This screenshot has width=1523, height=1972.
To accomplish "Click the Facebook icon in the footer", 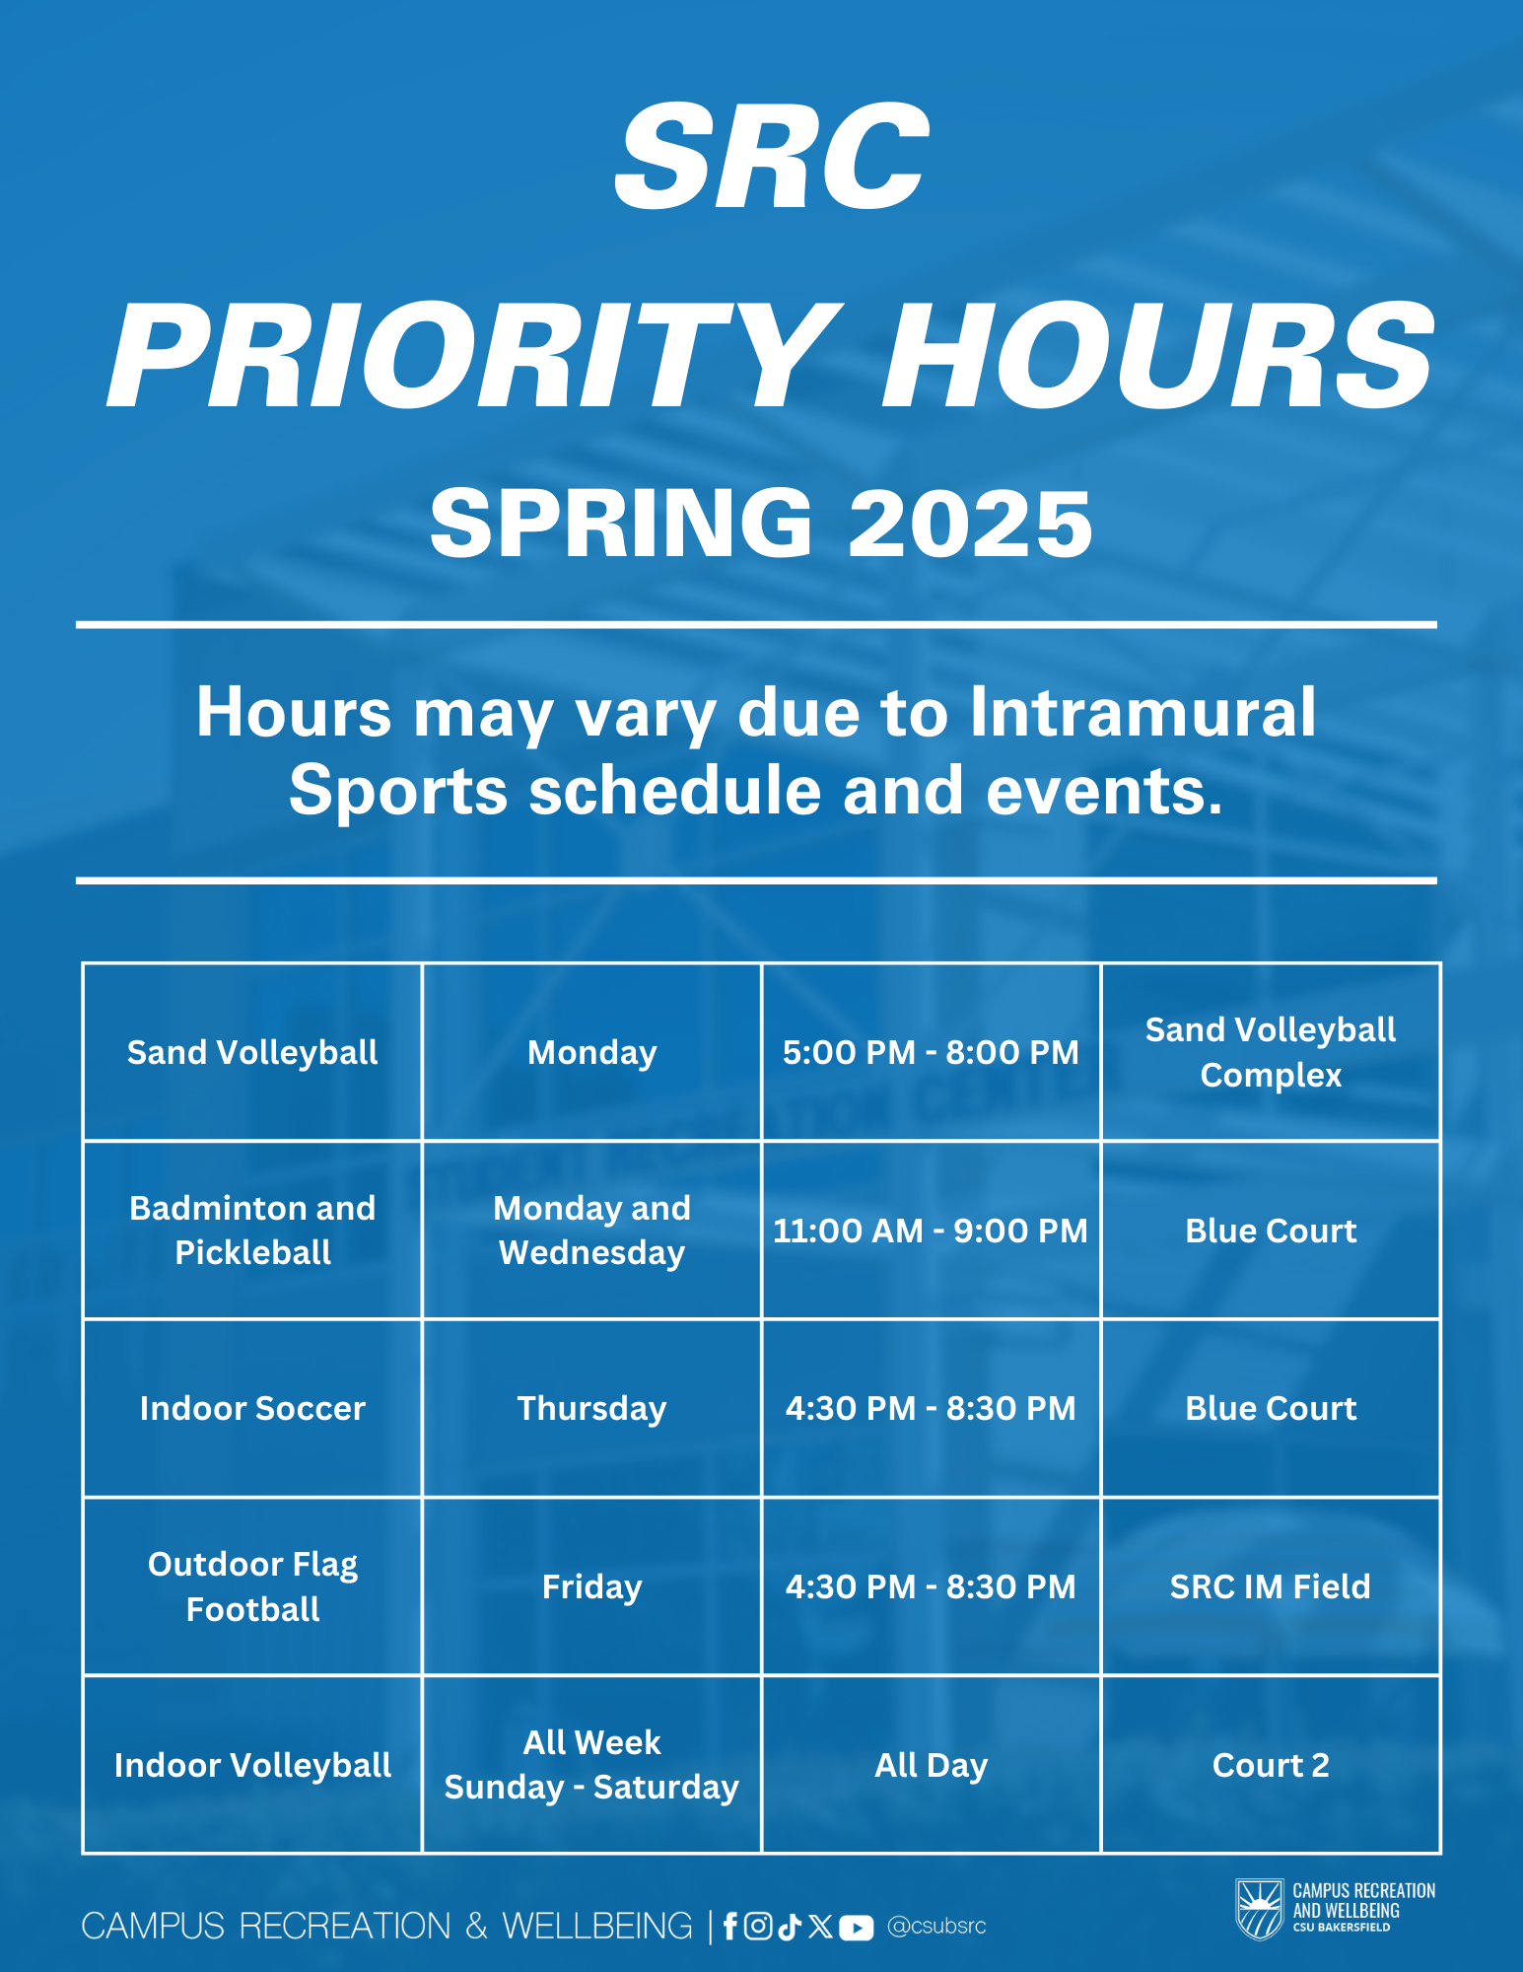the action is tap(730, 1926).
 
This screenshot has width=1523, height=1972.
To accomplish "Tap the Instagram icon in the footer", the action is tap(758, 1926).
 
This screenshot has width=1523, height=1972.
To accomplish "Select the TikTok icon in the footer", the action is tap(789, 1926).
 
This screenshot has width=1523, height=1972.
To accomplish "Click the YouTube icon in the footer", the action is tap(856, 1927).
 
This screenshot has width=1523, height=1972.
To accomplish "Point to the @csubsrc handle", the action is tap(936, 1926).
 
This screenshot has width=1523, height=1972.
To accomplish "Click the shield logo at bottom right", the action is tap(1260, 1909).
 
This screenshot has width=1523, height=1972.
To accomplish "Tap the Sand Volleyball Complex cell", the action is tap(1271, 1052).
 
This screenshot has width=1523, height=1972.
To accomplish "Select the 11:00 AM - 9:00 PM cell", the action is tap(931, 1231).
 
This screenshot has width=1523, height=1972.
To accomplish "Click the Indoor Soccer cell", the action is tap(252, 1408).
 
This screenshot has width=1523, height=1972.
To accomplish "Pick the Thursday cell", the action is tap(591, 1408).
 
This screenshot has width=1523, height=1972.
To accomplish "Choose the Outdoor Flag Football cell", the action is tap(252, 1586).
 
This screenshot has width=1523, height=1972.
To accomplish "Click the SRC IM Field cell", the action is tap(1271, 1586).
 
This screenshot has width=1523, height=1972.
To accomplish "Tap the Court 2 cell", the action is tap(1271, 1765).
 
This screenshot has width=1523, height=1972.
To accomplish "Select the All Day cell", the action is tap(931, 1765).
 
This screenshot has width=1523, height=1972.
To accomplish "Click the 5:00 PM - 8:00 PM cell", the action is tap(931, 1052).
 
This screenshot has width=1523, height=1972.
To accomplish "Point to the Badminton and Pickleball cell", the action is tap(252, 1231).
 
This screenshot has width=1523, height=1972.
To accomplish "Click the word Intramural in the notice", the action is tap(1143, 711).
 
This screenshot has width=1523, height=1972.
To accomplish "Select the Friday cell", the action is tap(591, 1586).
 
